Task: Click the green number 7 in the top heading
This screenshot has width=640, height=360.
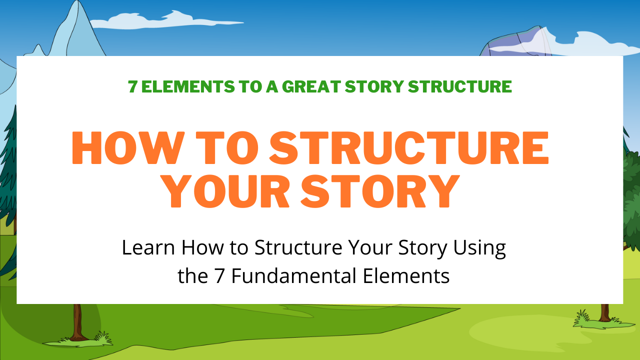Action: (132, 86)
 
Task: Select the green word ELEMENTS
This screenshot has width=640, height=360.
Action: (188, 86)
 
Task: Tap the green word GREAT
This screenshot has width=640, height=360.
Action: (311, 86)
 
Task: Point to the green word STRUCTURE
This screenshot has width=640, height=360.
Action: (459, 86)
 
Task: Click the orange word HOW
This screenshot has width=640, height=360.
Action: (128, 147)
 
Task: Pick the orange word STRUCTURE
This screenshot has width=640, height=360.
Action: (409, 147)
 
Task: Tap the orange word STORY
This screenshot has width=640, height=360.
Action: (380, 191)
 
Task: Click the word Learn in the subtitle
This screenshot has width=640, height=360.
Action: (148, 247)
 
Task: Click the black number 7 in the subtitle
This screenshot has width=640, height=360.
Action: (219, 276)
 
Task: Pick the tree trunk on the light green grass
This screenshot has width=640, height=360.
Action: (604, 313)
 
